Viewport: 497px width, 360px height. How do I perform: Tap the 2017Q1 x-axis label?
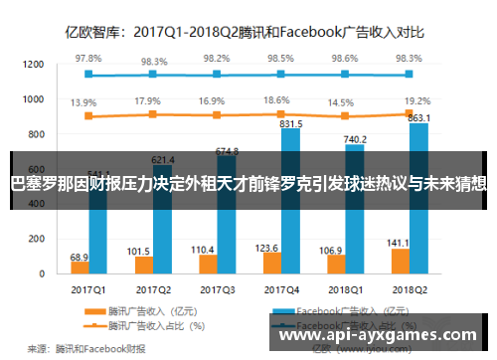87,289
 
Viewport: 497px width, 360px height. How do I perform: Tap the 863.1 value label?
419,117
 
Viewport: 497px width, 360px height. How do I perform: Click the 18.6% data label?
279,100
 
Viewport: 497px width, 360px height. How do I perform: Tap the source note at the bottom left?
85,348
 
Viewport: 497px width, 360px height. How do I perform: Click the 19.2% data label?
417,100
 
